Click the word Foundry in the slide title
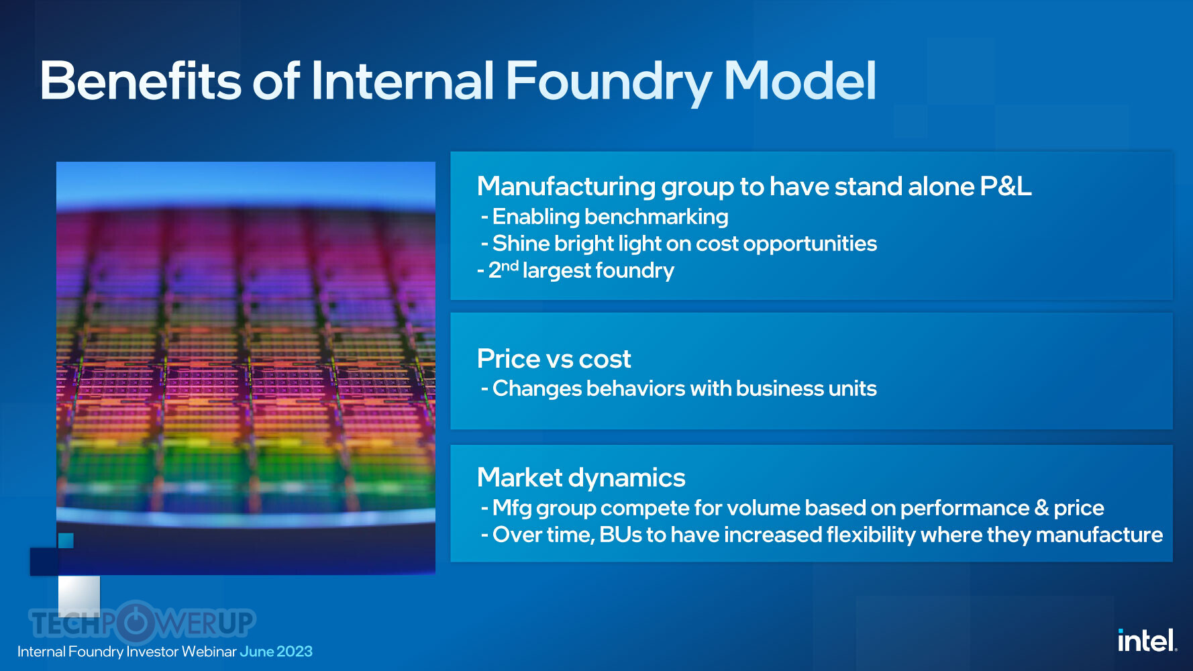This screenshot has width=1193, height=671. (609, 82)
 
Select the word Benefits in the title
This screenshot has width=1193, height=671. (140, 81)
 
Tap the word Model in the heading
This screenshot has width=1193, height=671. (800, 81)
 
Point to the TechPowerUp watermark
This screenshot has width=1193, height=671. (142, 622)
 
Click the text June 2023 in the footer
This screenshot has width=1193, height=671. (276, 652)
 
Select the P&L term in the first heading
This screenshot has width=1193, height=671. (1005, 186)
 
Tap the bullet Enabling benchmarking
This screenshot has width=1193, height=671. (605, 217)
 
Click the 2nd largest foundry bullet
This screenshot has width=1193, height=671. (576, 270)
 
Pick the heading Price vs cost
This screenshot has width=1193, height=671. (554, 359)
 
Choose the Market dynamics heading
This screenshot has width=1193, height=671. (581, 478)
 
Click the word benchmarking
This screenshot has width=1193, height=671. (656, 217)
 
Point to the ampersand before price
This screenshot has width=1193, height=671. (1041, 508)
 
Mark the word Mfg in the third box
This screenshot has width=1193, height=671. (512, 509)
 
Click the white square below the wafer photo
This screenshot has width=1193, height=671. (79, 596)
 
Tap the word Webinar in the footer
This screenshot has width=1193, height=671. (209, 652)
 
